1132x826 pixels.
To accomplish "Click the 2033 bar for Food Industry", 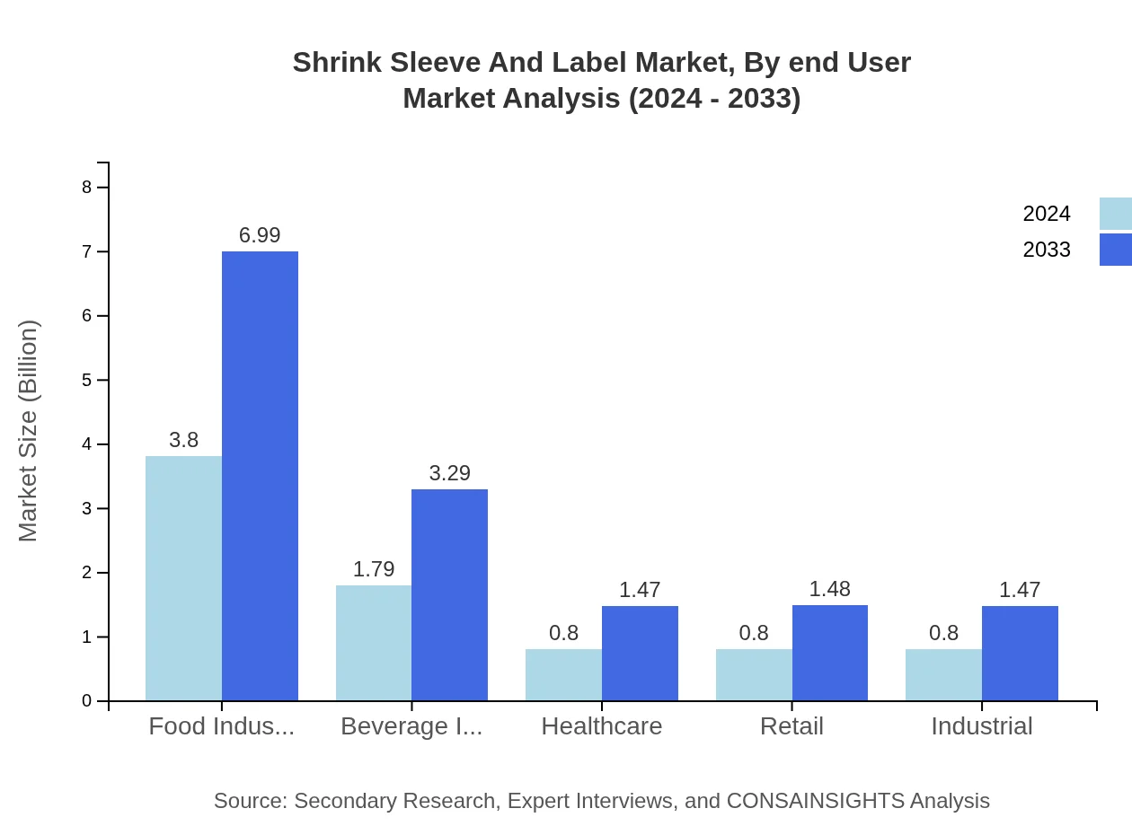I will coord(260,476).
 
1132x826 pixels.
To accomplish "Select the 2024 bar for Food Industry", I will coord(183,578).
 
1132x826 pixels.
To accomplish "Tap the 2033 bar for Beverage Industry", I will coord(449,594).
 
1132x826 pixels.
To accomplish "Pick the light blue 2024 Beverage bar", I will coord(374,643).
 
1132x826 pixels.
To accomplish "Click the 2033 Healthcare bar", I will coord(640,653).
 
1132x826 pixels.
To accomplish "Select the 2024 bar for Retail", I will coord(754,674).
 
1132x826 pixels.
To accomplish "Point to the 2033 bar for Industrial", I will coord(1020,653).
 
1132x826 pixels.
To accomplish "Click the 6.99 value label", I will coord(260,235).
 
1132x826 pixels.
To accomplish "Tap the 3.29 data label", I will coord(449,473).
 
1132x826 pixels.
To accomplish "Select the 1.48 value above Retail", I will coord(829,589).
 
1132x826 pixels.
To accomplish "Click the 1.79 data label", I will coord(374,569).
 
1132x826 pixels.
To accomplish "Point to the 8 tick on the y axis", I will coord(87,188).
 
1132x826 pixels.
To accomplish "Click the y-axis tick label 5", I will coord(87,381).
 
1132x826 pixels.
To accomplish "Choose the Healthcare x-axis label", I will coord(602,726).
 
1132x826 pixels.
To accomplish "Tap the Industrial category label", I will coord(981,726).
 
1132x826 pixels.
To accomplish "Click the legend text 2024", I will coord(1047,214).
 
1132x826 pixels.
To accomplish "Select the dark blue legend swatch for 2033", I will coord(1115,250).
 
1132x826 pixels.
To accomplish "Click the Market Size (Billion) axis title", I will coord(29,431).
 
